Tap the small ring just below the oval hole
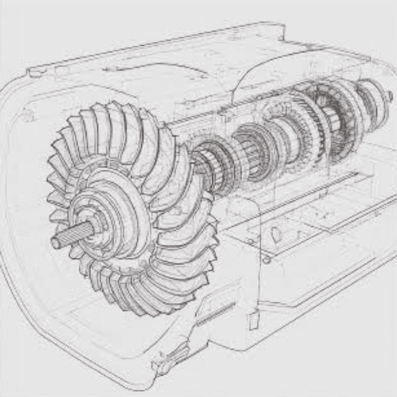tap(267, 259)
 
